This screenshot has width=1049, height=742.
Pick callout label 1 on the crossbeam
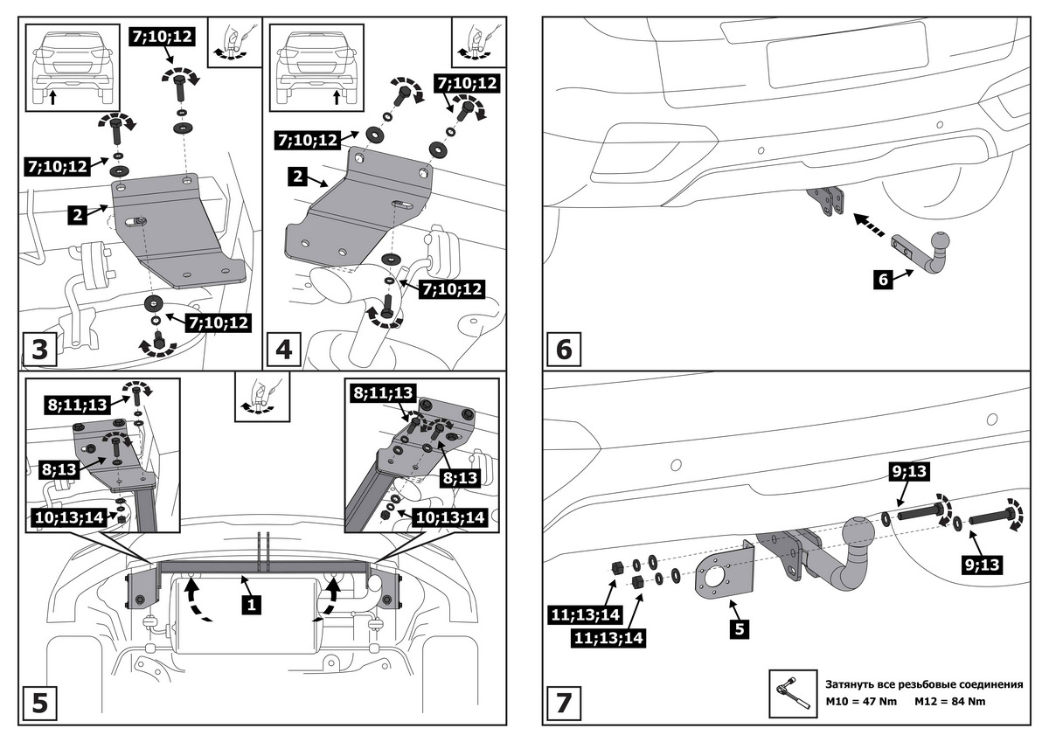[252, 604]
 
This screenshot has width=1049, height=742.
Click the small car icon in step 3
[69, 68]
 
